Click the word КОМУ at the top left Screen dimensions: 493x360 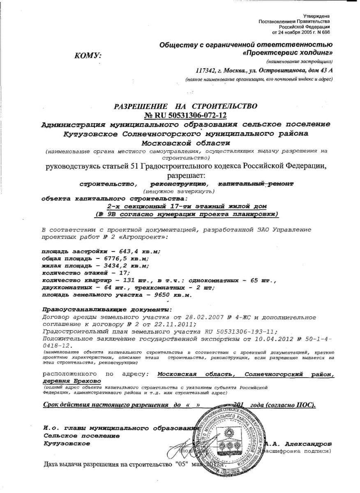tap(88, 56)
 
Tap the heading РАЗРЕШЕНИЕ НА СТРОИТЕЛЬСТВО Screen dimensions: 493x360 tap(185, 106)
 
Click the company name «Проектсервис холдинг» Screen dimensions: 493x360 tap(288, 53)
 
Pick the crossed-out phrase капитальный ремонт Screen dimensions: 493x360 tap(255, 184)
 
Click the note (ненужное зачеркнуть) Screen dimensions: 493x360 tap(179, 191)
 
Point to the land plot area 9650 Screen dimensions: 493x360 tap(152, 295)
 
